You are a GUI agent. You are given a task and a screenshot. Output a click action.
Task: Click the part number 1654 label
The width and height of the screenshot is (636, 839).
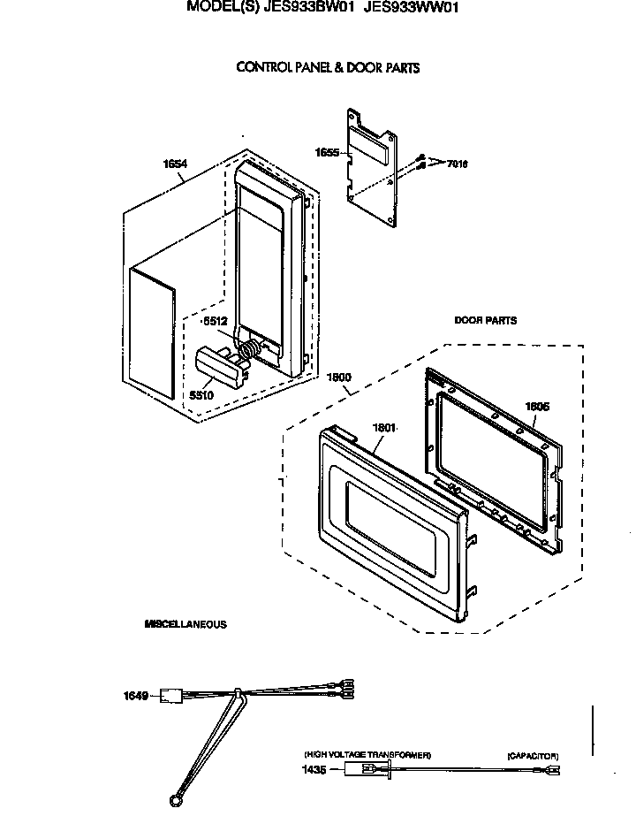click(x=175, y=164)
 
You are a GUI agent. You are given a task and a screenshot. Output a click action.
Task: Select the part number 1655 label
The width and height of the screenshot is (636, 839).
click(x=328, y=152)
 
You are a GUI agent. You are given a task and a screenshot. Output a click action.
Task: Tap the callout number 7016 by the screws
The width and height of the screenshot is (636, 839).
click(x=457, y=164)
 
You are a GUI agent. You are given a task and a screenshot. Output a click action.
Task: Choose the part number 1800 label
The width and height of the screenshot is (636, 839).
click(x=339, y=377)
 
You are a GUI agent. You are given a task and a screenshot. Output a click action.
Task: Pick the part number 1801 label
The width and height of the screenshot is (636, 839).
click(x=383, y=428)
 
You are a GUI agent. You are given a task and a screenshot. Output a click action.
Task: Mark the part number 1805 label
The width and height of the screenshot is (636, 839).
click(x=537, y=407)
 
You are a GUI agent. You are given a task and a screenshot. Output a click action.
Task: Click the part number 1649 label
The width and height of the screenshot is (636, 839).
click(x=134, y=696)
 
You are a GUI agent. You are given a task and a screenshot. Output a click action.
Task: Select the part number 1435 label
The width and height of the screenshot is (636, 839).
click(x=314, y=770)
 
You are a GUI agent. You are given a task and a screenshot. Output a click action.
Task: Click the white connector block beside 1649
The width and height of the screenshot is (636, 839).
click(x=171, y=696)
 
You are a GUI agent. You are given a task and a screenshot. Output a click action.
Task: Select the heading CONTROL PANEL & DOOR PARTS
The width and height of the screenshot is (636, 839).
click(x=328, y=67)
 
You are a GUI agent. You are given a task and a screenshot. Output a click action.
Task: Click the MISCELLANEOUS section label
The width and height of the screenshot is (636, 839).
click(x=185, y=624)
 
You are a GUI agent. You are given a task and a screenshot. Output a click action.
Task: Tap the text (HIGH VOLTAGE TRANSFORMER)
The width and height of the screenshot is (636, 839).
click(x=367, y=755)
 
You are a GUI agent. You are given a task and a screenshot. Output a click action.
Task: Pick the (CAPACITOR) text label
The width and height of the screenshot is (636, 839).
click(x=533, y=756)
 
